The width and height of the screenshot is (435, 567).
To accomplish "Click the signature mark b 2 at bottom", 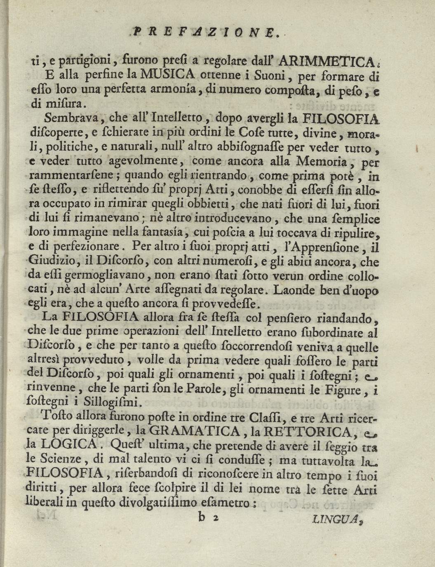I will coord(207,519).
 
